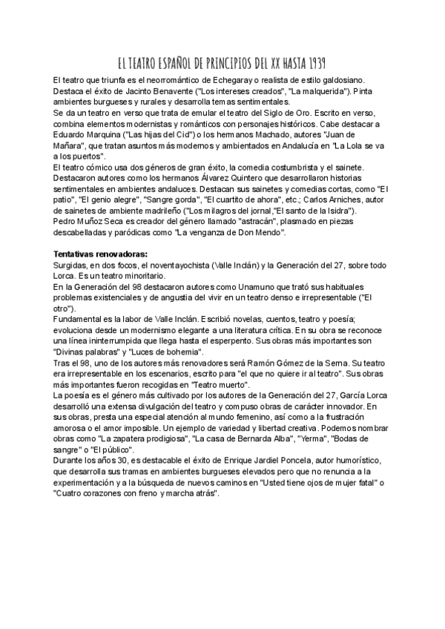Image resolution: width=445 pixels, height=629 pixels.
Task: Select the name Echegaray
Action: point(222,79)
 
